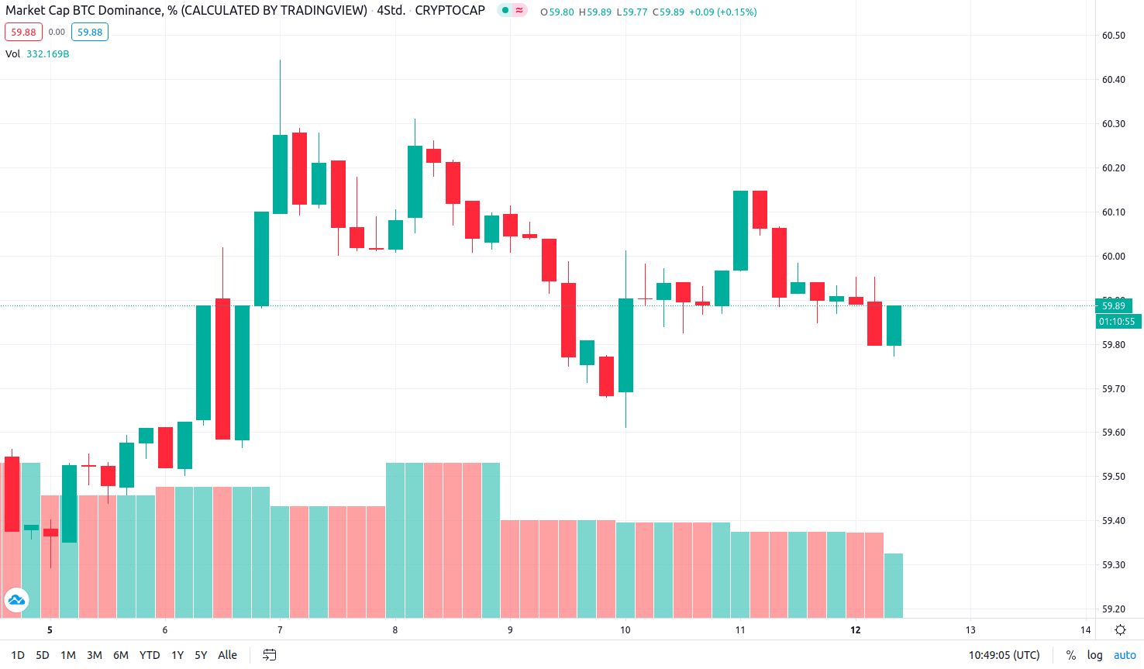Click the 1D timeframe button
click(x=18, y=655)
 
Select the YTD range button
click(x=150, y=655)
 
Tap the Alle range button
click(x=227, y=655)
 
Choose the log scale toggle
click(x=1094, y=655)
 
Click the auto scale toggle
click(x=1125, y=655)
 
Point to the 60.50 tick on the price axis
click(x=1113, y=36)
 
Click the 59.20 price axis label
click(x=1113, y=609)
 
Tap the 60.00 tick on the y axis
click(x=1113, y=257)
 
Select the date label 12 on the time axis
click(x=856, y=630)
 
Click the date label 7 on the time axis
click(x=280, y=630)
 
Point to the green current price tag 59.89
click(x=1114, y=305)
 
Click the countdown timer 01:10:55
click(x=1117, y=322)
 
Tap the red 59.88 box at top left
click(x=23, y=33)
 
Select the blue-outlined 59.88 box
click(x=90, y=33)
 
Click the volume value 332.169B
click(x=48, y=54)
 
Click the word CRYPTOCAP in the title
click(x=450, y=11)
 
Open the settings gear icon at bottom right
click(x=1120, y=630)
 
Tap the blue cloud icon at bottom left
click(x=16, y=600)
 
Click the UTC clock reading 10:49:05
click(x=1004, y=655)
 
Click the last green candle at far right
click(x=894, y=326)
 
